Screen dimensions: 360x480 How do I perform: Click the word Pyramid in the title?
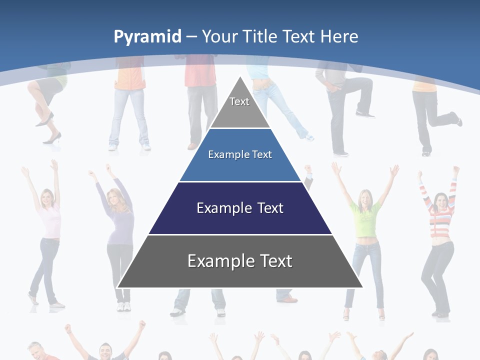tap(147, 37)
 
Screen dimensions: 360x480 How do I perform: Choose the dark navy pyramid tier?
tap(240, 208)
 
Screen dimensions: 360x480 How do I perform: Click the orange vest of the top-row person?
tap(129, 77)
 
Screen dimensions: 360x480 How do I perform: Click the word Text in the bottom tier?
tap(274, 261)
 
